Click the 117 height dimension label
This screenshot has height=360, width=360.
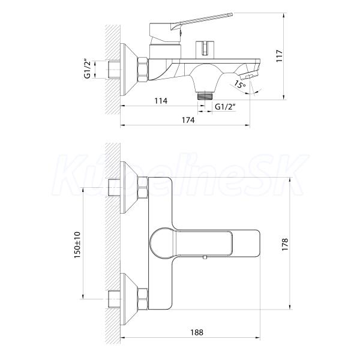[279, 56]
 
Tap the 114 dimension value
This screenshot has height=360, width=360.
[161, 101]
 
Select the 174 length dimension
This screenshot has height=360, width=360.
[188, 120]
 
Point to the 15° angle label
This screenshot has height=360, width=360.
[239, 84]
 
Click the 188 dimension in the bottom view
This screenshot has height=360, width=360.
[197, 332]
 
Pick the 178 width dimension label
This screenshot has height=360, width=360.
[284, 244]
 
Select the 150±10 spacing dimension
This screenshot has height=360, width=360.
[77, 245]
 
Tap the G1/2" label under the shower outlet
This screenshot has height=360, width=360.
[225, 107]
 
